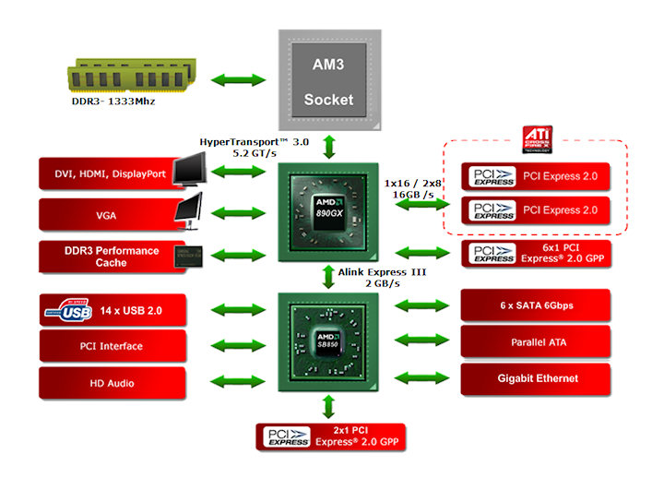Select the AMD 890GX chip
[x=330, y=211]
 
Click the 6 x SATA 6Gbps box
[x=535, y=305]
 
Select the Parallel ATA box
[x=535, y=341]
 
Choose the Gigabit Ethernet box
[x=535, y=377]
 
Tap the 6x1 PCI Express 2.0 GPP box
[x=535, y=253]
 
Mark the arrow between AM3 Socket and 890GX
[x=330, y=145]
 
